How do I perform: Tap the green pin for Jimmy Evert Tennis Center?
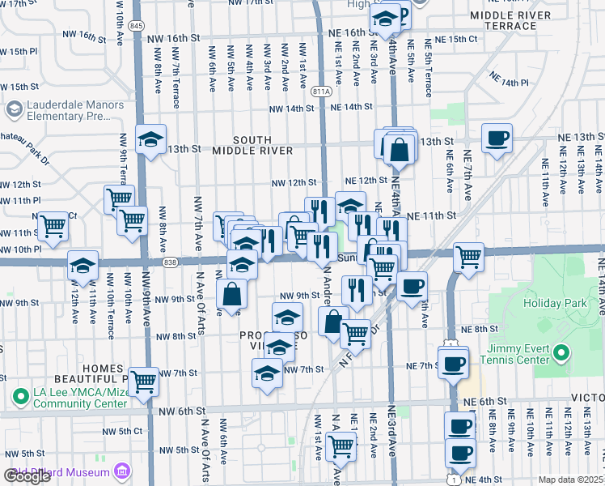click(564, 354)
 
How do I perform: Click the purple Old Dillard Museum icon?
click(122, 471)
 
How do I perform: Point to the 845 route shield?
click(137, 27)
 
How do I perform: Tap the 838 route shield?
click(169, 262)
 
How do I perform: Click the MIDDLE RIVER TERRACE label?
click(514, 20)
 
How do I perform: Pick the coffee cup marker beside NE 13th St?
click(496, 137)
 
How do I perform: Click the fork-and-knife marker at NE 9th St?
click(356, 288)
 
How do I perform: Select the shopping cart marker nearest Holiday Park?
click(469, 257)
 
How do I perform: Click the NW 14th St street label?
click(290, 108)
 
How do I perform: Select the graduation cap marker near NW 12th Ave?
click(82, 265)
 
